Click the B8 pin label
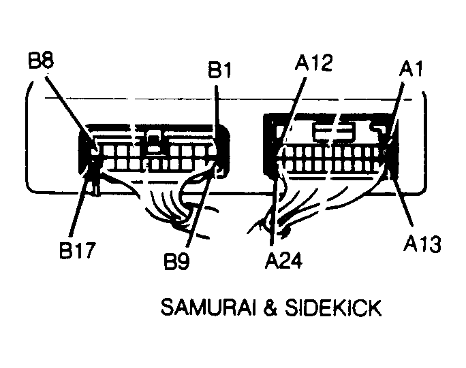pos(41,61)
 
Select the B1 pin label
pos(219,70)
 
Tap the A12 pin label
pos(313,63)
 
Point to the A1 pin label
pos(411,69)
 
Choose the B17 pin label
pos(78,250)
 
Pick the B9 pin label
pos(176,261)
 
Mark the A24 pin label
pos(283,261)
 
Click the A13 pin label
pos(422,244)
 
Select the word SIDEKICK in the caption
pos(333,307)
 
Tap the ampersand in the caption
pos(270,307)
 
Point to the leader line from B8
pos(70,114)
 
